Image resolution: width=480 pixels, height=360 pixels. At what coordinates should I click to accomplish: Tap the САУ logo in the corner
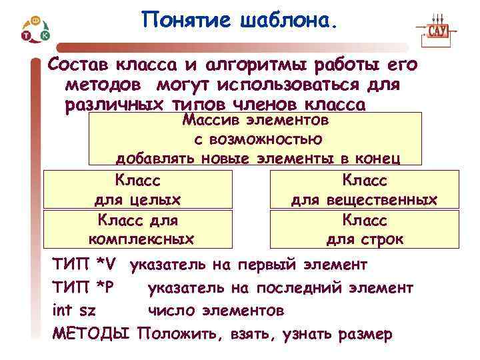point(437,30)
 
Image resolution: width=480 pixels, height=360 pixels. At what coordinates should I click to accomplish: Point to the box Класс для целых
point(138,190)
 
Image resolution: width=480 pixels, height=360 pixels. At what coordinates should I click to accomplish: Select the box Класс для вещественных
point(364,190)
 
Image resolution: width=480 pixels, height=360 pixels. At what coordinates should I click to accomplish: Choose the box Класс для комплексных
point(138,229)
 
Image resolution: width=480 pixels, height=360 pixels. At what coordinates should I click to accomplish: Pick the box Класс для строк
point(364,229)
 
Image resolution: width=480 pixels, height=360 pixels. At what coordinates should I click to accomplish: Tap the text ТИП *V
point(85,265)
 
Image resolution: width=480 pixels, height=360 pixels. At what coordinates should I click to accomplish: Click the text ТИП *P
point(85,288)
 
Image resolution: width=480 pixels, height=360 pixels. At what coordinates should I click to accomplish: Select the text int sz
point(73,311)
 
